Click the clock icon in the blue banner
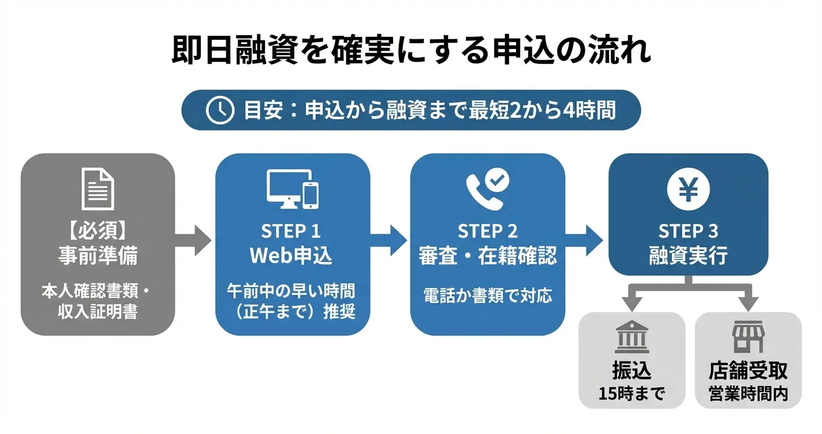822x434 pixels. [x=220, y=110]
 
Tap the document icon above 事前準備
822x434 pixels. [x=98, y=188]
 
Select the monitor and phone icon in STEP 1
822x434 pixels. [x=293, y=188]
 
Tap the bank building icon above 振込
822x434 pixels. [x=632, y=338]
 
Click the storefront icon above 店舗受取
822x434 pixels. [x=748, y=338]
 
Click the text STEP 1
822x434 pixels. [x=291, y=231]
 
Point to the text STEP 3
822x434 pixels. [x=688, y=231]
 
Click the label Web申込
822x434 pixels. [x=291, y=256]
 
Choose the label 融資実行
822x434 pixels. [x=688, y=256]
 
